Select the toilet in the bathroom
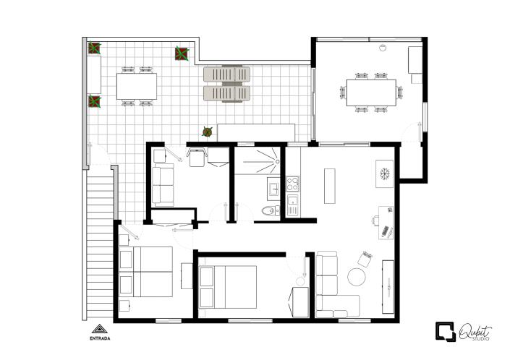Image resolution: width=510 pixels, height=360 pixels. point(269,211)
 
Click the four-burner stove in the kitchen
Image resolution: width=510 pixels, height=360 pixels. point(293,182)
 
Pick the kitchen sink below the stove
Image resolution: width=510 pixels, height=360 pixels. point(293,200)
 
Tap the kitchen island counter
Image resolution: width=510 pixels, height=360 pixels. point(331,187)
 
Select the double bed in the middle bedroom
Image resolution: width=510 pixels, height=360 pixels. point(229,287)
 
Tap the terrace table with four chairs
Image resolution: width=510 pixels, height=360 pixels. point(137,87)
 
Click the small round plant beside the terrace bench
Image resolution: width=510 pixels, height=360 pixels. point(208,132)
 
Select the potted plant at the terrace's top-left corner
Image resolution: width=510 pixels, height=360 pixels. point(95,48)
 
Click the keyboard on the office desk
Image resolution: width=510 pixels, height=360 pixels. point(387,231)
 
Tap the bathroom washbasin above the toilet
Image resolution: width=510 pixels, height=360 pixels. point(274,190)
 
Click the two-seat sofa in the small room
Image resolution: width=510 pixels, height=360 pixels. point(163,187)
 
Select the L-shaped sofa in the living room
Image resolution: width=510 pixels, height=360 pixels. point(333,286)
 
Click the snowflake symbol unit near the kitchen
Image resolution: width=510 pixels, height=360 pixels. point(384,174)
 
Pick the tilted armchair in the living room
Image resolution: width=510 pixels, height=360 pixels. point(364,258)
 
